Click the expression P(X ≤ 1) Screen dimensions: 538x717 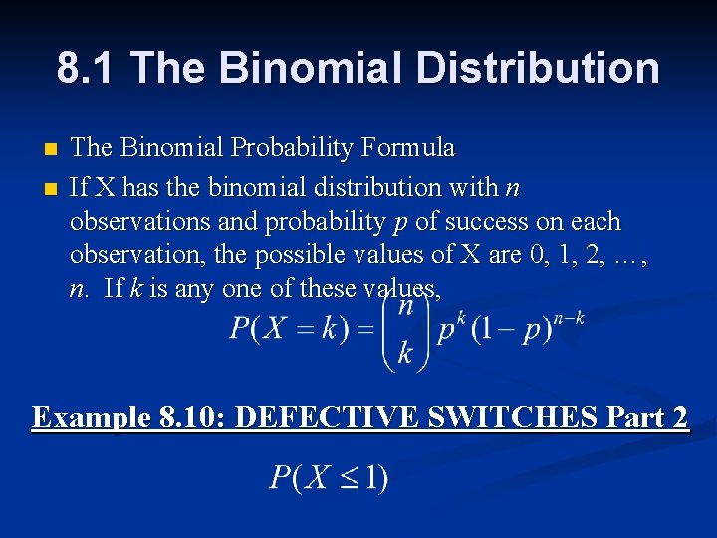(329, 478)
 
